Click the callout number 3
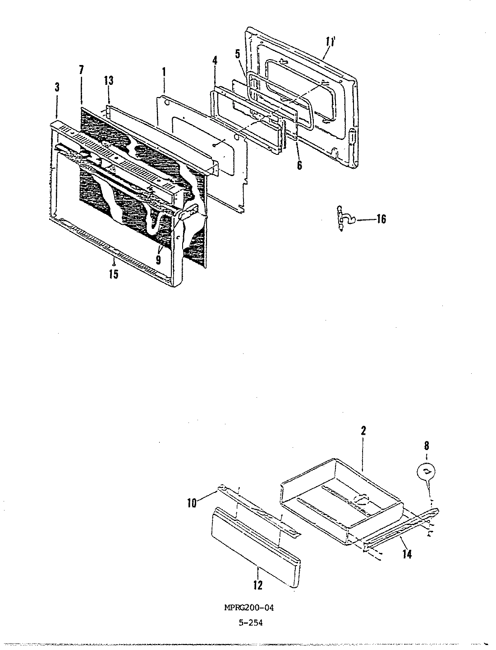[57, 88]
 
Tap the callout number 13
[108, 81]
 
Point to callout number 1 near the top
[164, 71]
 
